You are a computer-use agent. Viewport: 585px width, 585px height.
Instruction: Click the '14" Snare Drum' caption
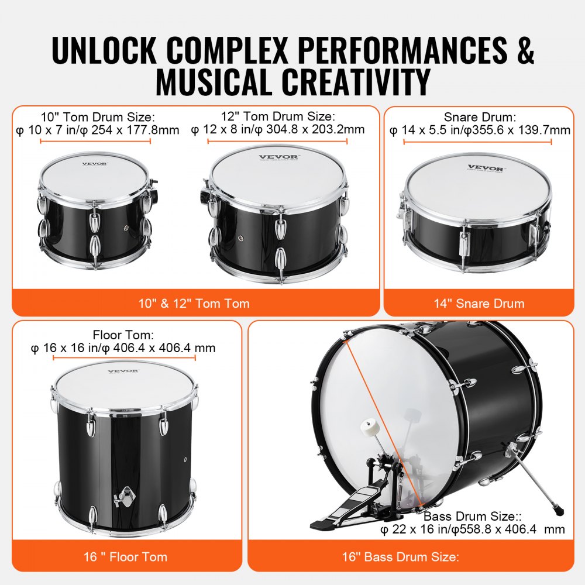479,303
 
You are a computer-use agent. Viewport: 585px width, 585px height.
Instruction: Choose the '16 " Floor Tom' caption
126,556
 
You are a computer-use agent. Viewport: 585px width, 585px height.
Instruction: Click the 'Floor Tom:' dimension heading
123,335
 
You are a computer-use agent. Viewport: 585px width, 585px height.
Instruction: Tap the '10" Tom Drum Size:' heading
98,117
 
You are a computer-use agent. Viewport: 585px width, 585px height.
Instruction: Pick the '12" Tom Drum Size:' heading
278,117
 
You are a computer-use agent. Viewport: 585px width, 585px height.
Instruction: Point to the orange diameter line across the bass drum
380,409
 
